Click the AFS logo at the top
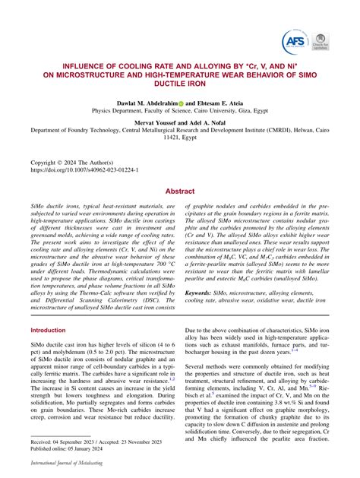pyautogui.click(x=295, y=41)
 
